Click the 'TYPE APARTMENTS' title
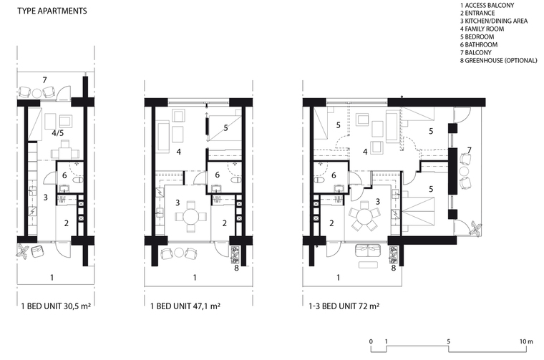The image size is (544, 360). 52,11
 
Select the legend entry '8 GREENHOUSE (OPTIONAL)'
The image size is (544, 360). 499,60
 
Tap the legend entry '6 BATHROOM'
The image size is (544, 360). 479,45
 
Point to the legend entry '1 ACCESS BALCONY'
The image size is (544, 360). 487,5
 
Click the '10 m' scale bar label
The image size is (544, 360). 526,341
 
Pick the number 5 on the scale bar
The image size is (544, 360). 448,341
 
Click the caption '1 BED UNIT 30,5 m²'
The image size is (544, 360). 56,306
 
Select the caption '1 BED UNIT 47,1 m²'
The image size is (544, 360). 185,306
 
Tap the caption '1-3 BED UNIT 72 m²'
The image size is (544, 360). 344,306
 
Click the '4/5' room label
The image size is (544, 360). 57,133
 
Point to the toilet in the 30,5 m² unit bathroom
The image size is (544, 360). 79,180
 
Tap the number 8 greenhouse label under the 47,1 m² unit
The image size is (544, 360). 237,268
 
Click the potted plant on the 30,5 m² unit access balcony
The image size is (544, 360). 24,251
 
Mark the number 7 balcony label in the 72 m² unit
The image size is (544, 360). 469,150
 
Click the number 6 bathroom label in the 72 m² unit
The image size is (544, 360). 334,175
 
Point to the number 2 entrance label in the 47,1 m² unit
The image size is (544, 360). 225,223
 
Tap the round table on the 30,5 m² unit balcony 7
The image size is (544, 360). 37,93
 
